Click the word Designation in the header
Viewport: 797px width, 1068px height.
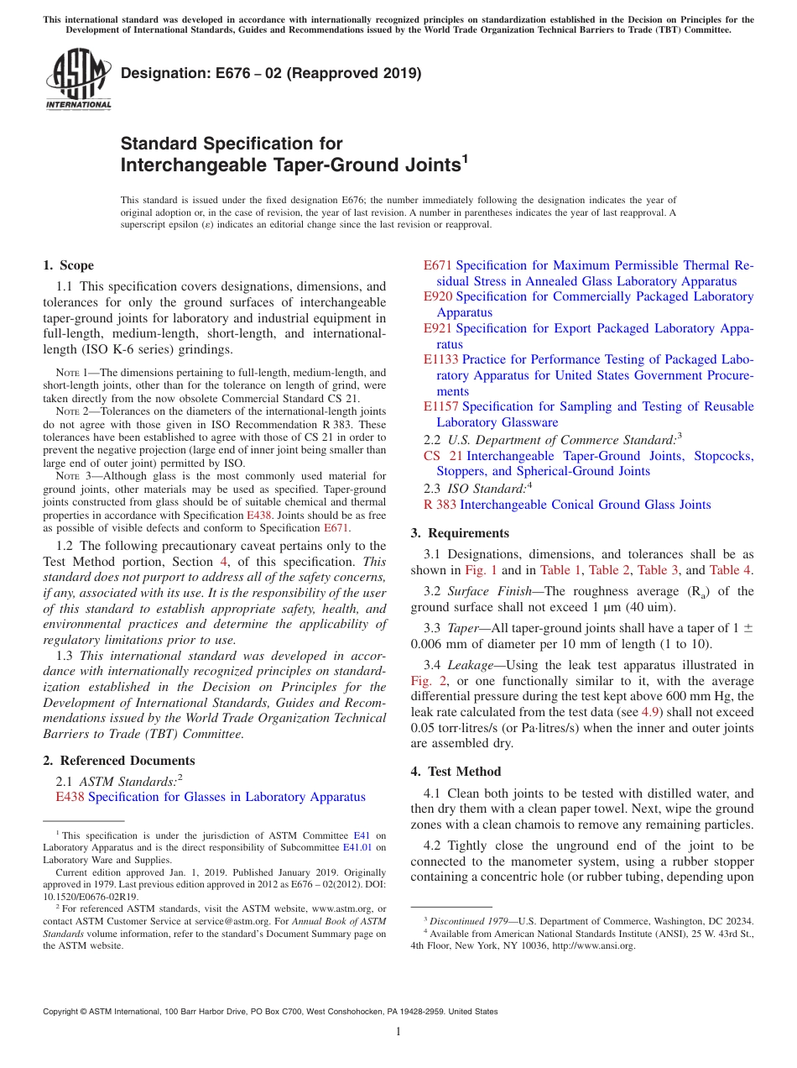pyautogui.click(x=160, y=73)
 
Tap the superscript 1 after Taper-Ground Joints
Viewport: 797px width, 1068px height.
pyautogui.click(x=464, y=157)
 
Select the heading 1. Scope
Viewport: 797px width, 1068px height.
pyautogui.click(x=68, y=265)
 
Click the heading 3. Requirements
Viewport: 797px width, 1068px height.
pyautogui.click(x=460, y=533)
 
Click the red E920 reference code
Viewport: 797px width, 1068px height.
pyautogui.click(x=437, y=296)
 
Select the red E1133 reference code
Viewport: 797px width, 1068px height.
pyautogui.click(x=440, y=359)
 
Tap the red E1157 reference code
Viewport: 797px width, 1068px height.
pyautogui.click(x=440, y=406)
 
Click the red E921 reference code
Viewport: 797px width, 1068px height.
pyautogui.click(x=437, y=328)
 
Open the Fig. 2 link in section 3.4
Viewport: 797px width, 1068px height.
pyautogui.click(x=425, y=681)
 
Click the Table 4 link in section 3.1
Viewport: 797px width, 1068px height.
pyautogui.click(x=732, y=570)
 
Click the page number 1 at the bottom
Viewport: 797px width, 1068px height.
pyautogui.click(x=398, y=1032)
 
